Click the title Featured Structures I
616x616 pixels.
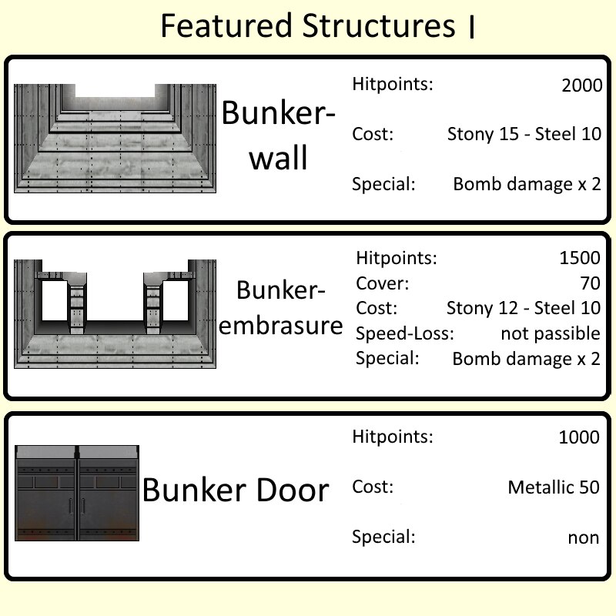tap(318, 25)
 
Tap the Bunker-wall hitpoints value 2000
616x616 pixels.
tap(582, 85)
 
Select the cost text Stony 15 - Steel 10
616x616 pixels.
tap(524, 134)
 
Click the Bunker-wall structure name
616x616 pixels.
tap(279, 135)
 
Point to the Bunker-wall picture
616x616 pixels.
tap(115, 139)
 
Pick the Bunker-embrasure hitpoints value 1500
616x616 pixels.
tap(580, 258)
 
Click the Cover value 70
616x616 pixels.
tap(590, 283)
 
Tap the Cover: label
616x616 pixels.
tap(382, 283)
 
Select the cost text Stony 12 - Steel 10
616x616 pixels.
tap(524, 308)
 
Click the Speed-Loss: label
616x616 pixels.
tap(405, 333)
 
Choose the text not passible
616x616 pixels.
tap(551, 333)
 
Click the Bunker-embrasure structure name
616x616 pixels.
tap(280, 307)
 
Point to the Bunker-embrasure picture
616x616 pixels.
tap(115, 314)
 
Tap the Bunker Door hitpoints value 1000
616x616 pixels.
tap(579, 437)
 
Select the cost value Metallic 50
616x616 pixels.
tap(554, 487)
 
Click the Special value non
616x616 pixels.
tap(584, 537)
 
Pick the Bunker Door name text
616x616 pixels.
tap(236, 490)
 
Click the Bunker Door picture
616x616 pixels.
tap(77, 493)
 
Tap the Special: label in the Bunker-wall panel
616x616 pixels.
tap(383, 184)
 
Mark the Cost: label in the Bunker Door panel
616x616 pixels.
tap(373, 487)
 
